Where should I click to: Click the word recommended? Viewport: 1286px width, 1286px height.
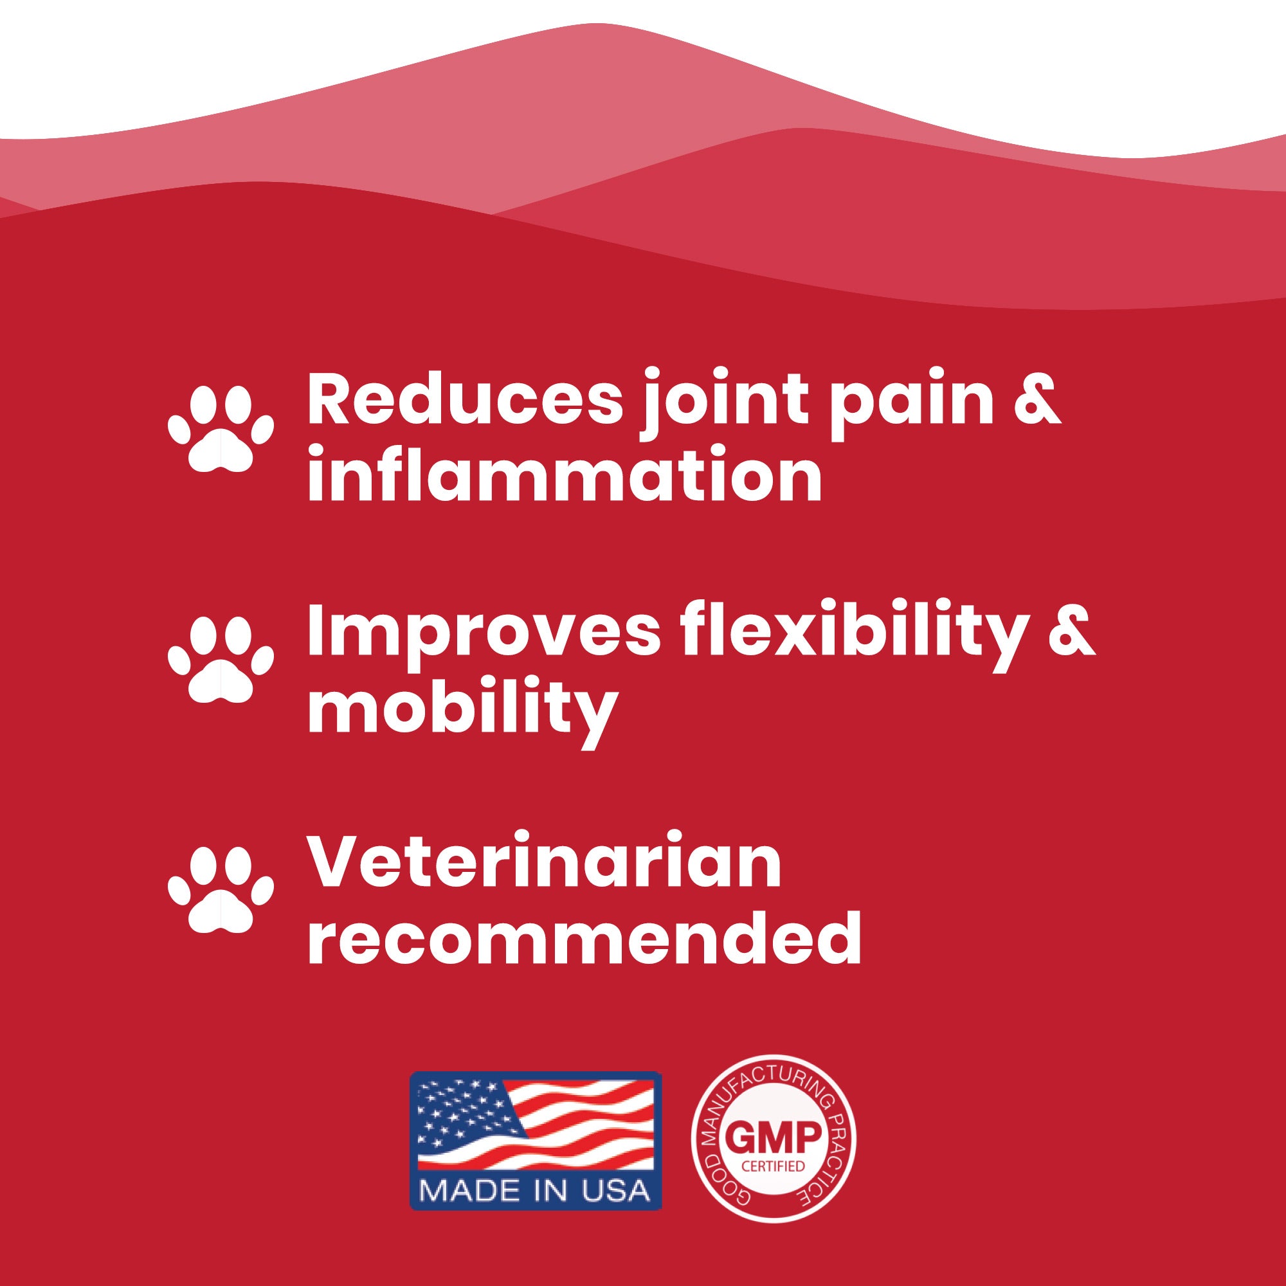(x=584, y=937)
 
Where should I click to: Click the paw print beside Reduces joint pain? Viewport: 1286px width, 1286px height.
(x=221, y=431)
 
